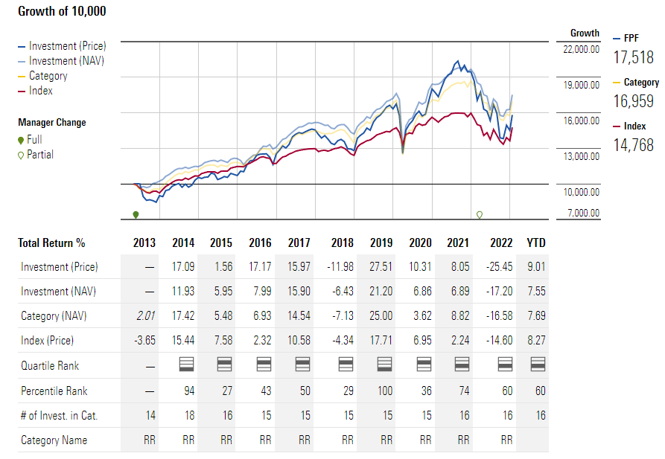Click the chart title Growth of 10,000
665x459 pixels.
pyautogui.click(x=62, y=11)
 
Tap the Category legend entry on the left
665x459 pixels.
pyautogui.click(x=48, y=76)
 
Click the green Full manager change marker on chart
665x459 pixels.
pyautogui.click(x=136, y=215)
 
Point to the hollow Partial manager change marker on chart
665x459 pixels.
pyautogui.click(x=480, y=215)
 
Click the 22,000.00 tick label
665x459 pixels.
pyautogui.click(x=581, y=49)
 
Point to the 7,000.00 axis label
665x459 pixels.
pyautogui.click(x=583, y=214)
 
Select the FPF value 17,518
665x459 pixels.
pyautogui.click(x=634, y=57)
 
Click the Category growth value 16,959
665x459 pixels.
pyautogui.click(x=634, y=101)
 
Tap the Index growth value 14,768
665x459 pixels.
pyautogui.click(x=634, y=145)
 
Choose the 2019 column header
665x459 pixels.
pyautogui.click(x=381, y=243)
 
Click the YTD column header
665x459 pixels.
pyautogui.click(x=535, y=243)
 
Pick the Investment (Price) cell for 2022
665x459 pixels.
pyautogui.click(x=501, y=266)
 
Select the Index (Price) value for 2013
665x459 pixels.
pyautogui.click(x=144, y=341)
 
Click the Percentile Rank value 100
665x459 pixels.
pyautogui.click(x=385, y=391)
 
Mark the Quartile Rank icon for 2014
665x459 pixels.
pyautogui.click(x=187, y=365)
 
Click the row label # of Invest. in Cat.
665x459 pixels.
pyautogui.click(x=59, y=415)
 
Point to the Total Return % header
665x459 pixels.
pyautogui.click(x=51, y=243)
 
